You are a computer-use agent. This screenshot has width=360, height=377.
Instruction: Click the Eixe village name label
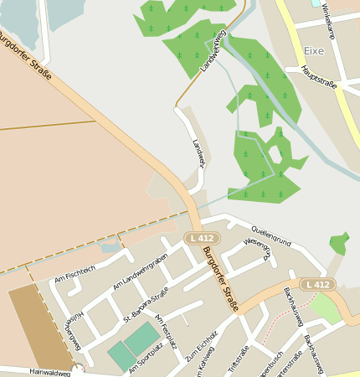point(314,50)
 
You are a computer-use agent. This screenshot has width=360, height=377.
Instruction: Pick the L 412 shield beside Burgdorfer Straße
point(201,239)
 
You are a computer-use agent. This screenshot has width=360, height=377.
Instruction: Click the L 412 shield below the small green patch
point(318,285)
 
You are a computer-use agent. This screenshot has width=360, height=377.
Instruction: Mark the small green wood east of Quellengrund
point(338,243)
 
